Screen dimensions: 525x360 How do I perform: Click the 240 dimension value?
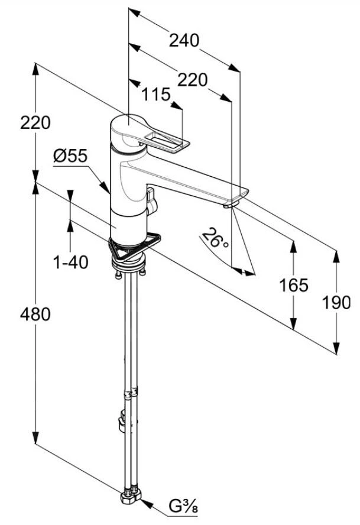tap(184, 40)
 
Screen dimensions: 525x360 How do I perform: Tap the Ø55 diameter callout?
tap(70, 156)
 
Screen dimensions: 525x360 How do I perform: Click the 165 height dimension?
tap(294, 286)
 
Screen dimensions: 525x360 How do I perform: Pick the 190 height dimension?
tap(336, 302)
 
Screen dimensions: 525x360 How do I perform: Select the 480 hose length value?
tap(36, 314)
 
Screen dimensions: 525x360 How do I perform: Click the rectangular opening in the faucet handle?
tap(166, 141)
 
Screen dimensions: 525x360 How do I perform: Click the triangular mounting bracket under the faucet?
tap(130, 249)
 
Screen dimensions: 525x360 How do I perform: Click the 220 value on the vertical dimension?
tap(36, 123)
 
